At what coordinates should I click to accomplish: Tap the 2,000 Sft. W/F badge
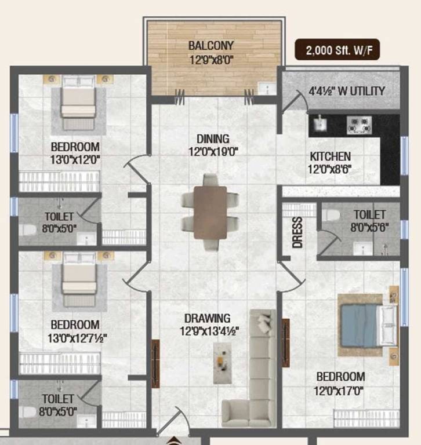tap(339, 50)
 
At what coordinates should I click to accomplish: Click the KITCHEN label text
tap(330, 156)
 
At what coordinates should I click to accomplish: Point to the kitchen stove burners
tap(360, 124)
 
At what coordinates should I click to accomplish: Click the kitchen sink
tap(318, 123)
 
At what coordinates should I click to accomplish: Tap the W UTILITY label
tap(354, 91)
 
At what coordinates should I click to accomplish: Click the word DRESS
tap(297, 232)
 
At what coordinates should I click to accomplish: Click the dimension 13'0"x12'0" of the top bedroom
tap(74, 159)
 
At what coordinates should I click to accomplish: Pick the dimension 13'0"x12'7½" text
tap(74, 337)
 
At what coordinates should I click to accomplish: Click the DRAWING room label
tap(208, 318)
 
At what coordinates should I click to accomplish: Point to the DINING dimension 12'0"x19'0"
tap(213, 152)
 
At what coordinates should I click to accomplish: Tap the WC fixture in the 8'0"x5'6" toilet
tap(331, 214)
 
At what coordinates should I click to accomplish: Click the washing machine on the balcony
tap(267, 88)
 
